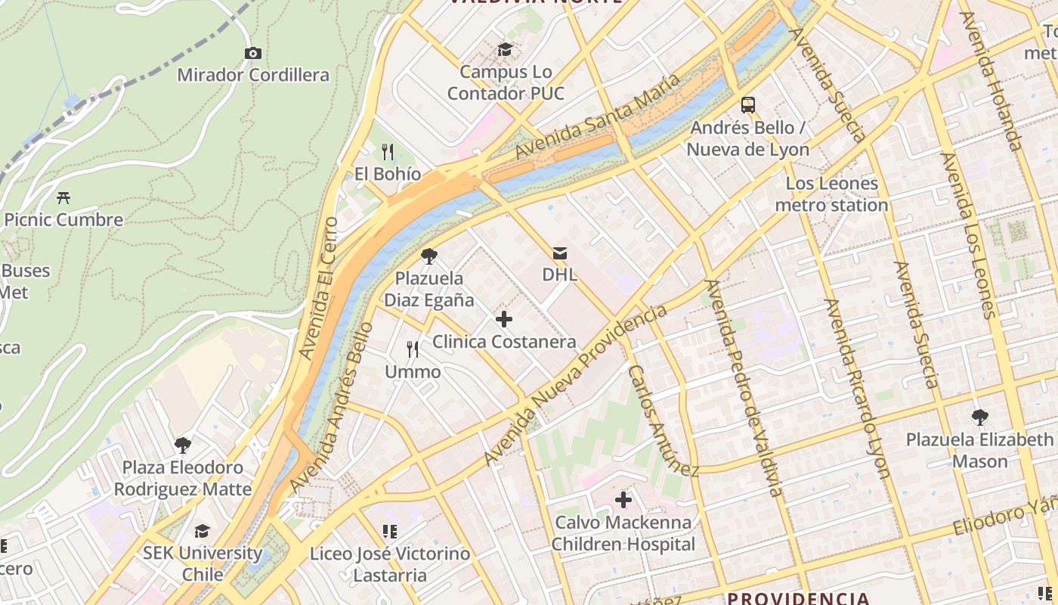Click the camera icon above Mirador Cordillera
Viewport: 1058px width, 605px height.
(x=253, y=53)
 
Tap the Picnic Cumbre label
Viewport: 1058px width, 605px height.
(x=63, y=220)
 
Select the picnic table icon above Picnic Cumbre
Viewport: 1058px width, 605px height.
(x=63, y=198)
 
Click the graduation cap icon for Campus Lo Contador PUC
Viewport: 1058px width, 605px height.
(x=504, y=50)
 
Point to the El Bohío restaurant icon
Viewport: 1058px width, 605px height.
(x=388, y=152)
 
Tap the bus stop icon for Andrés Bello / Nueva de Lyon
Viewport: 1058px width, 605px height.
(x=747, y=105)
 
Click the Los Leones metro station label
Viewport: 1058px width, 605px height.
(x=831, y=194)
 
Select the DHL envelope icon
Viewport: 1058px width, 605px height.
(x=559, y=253)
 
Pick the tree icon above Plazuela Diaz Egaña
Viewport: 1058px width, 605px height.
(x=428, y=256)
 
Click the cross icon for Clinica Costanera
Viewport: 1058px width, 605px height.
(x=503, y=319)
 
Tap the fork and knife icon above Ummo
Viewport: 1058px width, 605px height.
(x=413, y=349)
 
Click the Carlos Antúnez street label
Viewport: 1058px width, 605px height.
(x=663, y=420)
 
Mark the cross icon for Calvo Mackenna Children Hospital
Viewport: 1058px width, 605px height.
(x=623, y=500)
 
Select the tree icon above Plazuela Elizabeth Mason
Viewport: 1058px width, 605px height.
(x=979, y=417)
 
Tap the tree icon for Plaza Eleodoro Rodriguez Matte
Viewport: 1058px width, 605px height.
(x=182, y=445)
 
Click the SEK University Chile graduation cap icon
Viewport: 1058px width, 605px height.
(x=202, y=531)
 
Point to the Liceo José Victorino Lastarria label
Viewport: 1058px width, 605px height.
(x=390, y=564)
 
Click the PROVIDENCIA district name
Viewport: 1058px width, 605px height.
(x=798, y=598)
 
